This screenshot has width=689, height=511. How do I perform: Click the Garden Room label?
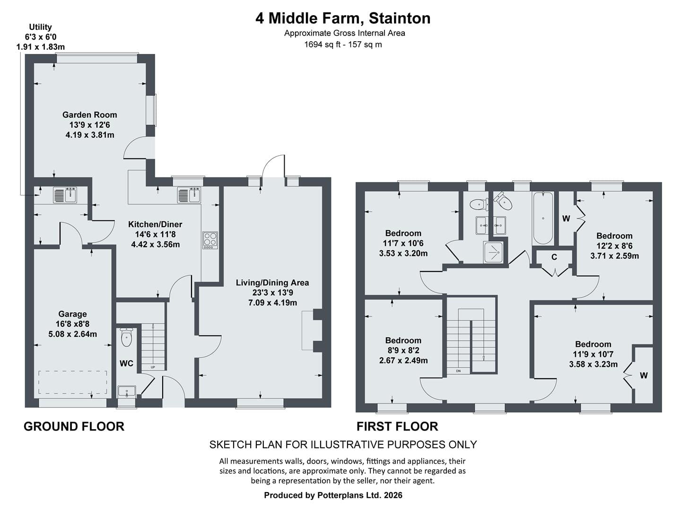90,115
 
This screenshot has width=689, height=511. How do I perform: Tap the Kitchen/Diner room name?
155,224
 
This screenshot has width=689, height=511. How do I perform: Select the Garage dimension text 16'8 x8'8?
72,324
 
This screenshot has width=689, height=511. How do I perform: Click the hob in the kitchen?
210,240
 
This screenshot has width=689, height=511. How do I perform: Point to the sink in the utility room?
65,195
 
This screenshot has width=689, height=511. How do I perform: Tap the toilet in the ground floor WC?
126,337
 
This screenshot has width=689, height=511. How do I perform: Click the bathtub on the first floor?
543,218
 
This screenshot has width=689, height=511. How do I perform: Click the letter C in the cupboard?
554,257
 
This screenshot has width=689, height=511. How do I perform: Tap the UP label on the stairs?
153,367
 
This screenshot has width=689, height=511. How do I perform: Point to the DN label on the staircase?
459,371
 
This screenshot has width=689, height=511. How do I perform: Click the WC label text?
126,363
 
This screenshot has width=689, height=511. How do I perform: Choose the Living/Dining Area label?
272,282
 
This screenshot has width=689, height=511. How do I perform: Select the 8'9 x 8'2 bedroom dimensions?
403,350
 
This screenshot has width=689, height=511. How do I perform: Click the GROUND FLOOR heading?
74,426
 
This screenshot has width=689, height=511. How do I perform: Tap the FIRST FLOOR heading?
397,426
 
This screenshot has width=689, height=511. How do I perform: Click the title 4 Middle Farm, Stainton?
343,18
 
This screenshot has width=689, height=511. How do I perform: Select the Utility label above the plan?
40,27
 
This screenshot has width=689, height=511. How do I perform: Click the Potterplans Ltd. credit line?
333,495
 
